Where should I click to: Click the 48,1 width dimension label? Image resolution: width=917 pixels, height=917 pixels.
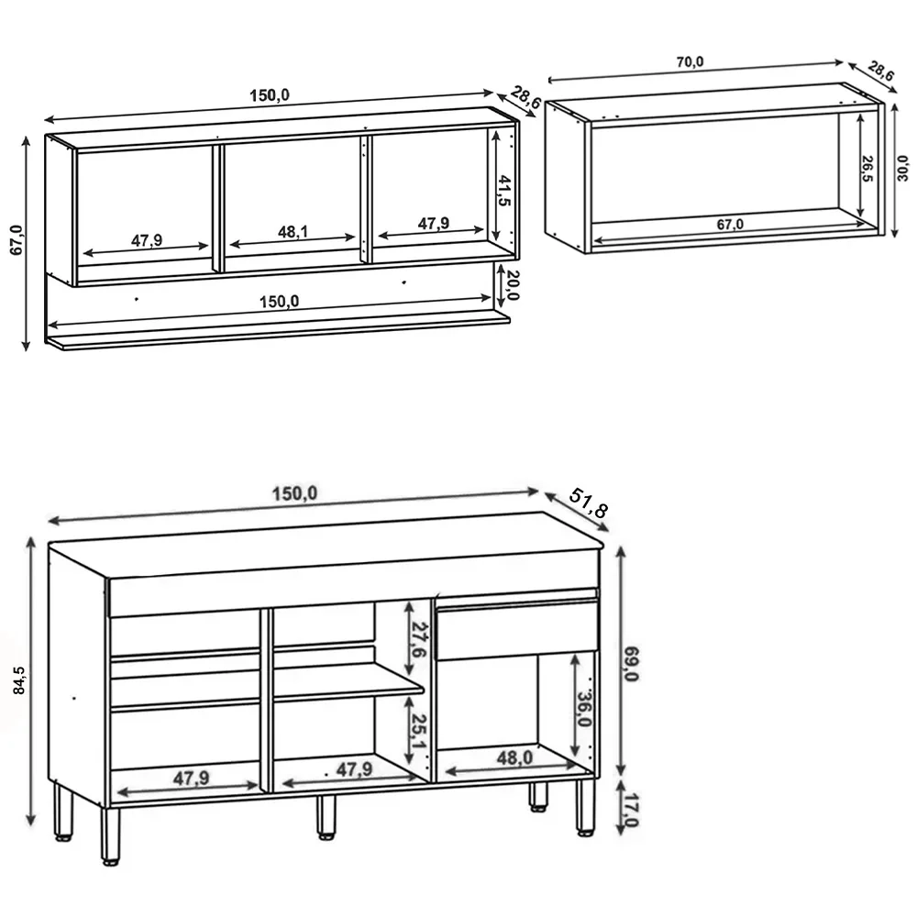[293, 231]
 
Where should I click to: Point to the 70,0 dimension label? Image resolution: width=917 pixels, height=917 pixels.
[690, 62]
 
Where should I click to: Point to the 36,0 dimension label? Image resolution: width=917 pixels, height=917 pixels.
[584, 708]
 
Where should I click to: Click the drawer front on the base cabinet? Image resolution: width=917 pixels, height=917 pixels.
[516, 630]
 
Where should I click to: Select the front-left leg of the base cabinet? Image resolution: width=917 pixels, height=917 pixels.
[110, 834]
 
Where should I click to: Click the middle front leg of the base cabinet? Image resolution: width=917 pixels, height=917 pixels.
[326, 816]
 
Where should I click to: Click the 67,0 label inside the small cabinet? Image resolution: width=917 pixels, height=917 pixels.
[731, 224]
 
